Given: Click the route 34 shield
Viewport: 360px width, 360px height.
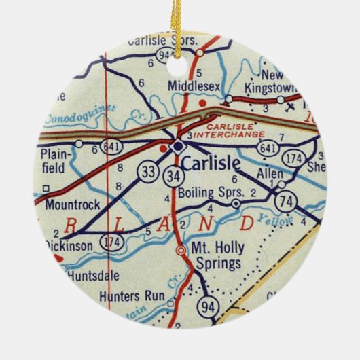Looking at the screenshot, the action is click(172, 176).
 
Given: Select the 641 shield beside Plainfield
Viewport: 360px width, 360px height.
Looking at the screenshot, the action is click(109, 145).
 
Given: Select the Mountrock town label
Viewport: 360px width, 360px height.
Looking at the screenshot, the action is click(73, 203).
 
